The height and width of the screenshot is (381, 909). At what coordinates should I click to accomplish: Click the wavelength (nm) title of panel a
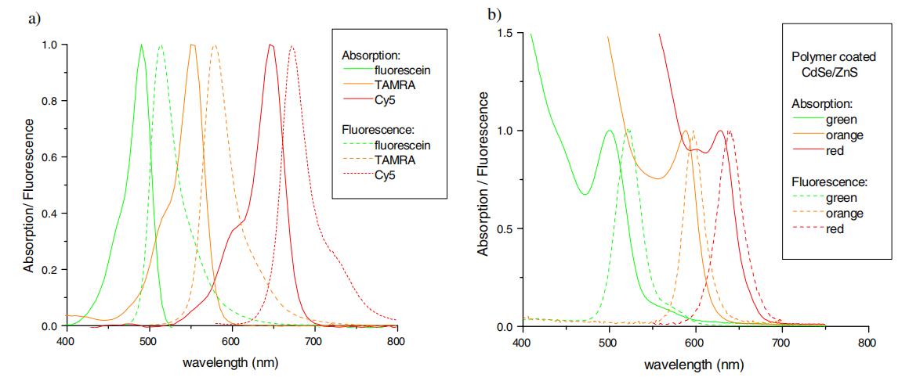(x=230, y=364)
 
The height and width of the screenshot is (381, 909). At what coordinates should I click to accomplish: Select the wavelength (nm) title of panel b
(x=694, y=365)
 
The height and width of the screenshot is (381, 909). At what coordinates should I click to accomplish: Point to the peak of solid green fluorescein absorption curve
(x=141, y=45)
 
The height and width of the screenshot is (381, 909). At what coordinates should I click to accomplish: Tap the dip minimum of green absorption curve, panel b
(x=585, y=194)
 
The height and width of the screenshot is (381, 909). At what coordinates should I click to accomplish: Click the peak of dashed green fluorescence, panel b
(x=628, y=130)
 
